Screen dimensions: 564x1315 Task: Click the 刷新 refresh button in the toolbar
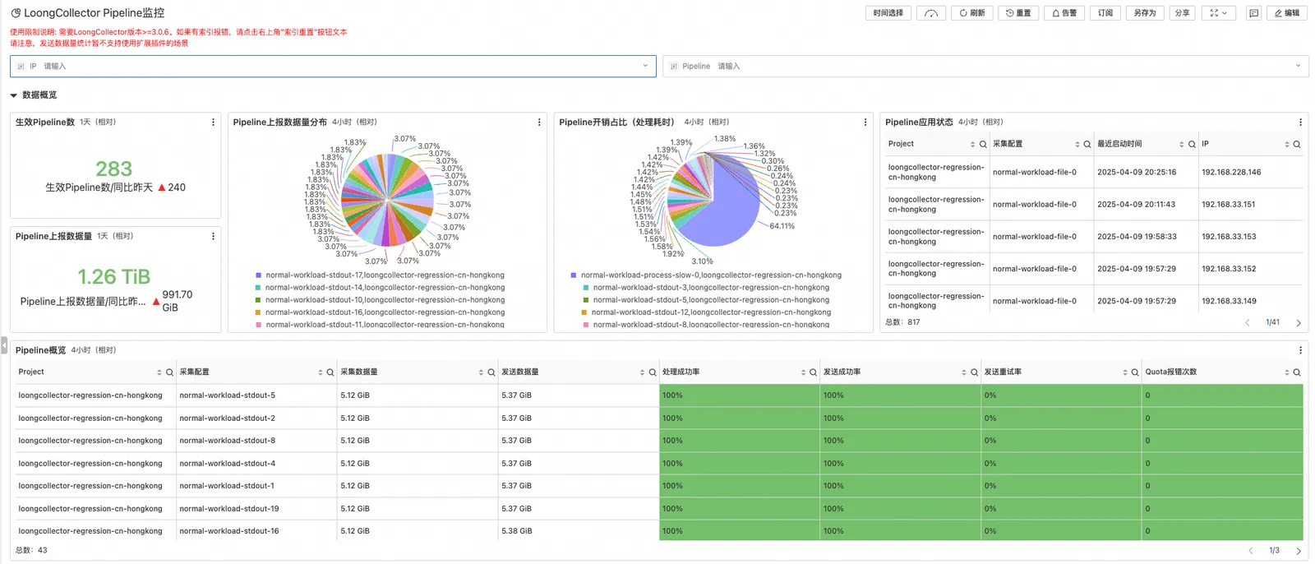(971, 13)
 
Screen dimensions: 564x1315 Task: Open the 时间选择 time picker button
(888, 13)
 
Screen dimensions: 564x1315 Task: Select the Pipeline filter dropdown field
(985, 67)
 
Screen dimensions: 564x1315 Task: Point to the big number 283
(113, 169)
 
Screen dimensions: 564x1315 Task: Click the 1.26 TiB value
(113, 277)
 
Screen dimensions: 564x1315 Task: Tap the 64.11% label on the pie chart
(782, 226)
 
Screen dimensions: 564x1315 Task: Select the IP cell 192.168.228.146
(1231, 173)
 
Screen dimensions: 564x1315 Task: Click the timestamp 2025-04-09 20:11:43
(1136, 205)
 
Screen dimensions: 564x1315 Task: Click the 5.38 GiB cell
(517, 531)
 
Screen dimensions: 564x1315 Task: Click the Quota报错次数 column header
(1171, 372)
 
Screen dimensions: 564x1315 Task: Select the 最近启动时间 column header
(1119, 144)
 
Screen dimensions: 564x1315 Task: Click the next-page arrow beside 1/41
(1299, 323)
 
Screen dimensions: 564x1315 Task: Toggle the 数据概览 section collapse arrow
(13, 95)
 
